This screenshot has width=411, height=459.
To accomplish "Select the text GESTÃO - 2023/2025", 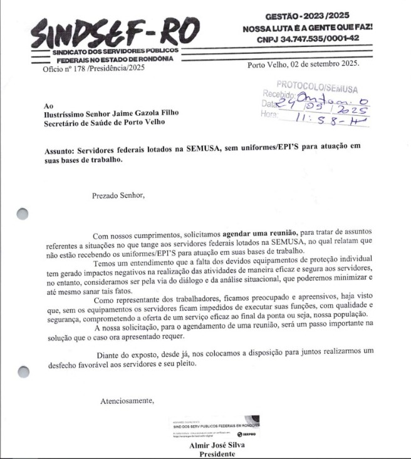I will [x=307, y=16].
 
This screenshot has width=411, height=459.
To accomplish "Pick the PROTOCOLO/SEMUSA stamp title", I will [x=317, y=84].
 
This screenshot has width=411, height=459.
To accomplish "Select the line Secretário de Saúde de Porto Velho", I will [x=105, y=123].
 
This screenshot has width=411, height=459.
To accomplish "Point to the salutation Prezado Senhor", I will [x=118, y=195].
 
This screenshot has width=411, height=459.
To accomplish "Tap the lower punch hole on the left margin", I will [x=23, y=372].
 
